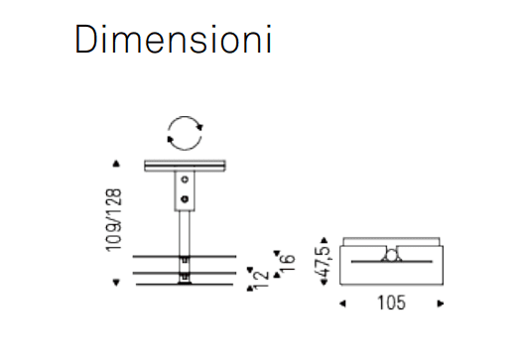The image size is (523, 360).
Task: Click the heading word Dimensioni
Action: click(173, 39)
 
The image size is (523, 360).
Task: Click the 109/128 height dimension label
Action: click(114, 220)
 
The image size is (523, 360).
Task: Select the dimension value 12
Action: click(261, 280)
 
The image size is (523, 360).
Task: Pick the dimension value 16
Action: click(287, 263)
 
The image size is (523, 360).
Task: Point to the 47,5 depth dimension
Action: click(324, 262)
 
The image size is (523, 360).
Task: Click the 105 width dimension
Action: click(391, 303)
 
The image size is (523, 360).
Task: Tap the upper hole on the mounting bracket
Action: click(185, 180)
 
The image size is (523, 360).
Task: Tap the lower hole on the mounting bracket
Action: click(185, 199)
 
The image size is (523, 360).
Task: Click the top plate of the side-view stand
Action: click(186, 166)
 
